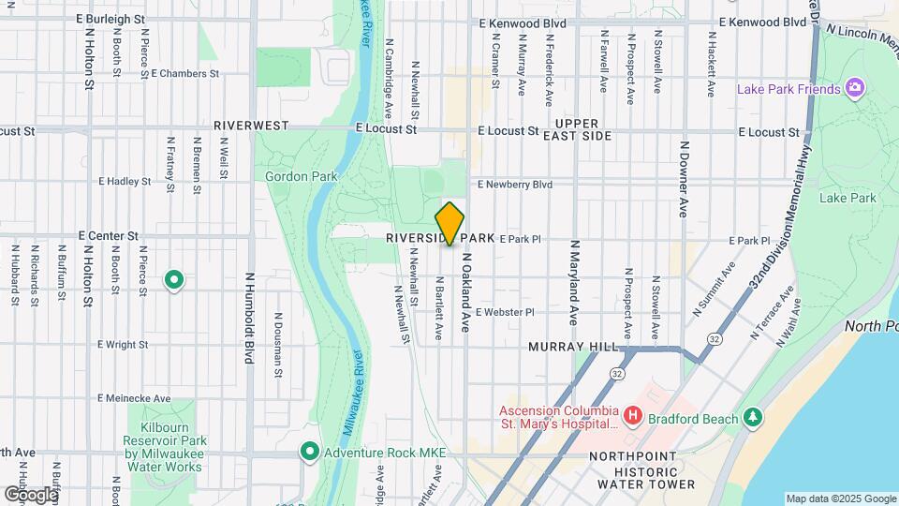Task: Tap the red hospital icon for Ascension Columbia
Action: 633,414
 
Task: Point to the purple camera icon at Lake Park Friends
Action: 853,89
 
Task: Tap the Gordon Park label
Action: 293,175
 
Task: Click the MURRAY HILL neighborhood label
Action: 572,347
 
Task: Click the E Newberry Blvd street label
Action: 515,185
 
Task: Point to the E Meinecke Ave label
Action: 134,398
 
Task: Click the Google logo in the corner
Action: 30,494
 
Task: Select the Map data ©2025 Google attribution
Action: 840,499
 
